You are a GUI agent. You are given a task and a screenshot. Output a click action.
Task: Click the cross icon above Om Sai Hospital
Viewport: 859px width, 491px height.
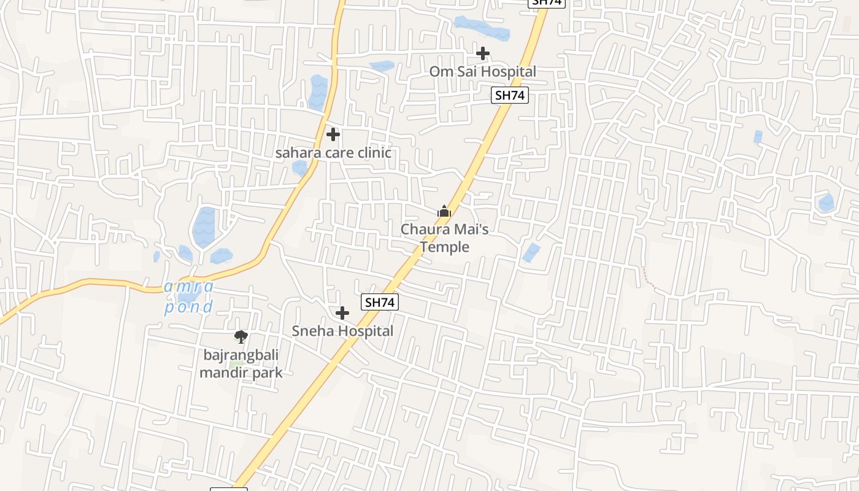(483, 53)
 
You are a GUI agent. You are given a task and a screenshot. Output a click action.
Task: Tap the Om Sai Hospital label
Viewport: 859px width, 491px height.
(482, 72)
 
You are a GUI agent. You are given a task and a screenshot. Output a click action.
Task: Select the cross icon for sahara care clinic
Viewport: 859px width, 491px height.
(333, 134)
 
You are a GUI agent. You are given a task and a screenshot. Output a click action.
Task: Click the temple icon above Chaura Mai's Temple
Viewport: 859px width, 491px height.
(444, 212)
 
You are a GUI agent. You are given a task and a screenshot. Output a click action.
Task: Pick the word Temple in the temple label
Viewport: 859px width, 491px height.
(444, 247)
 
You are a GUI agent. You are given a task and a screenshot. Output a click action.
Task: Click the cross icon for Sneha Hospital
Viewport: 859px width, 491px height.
(342, 313)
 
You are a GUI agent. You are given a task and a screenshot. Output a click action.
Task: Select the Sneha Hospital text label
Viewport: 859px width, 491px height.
(342, 331)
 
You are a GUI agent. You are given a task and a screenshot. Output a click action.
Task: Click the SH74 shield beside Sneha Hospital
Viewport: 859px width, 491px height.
(380, 302)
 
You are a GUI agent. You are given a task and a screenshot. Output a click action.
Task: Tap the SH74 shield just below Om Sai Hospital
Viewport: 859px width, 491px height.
(510, 95)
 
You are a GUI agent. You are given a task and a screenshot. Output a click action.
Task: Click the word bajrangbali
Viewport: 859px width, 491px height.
(241, 355)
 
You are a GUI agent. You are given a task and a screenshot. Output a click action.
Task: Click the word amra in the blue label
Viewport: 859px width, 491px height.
(189, 287)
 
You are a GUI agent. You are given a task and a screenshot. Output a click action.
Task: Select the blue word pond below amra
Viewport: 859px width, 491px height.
(188, 306)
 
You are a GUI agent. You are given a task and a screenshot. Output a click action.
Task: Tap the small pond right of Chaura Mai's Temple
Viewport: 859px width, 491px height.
(531, 252)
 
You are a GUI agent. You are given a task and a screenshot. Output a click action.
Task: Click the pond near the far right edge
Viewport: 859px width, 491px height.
(826, 203)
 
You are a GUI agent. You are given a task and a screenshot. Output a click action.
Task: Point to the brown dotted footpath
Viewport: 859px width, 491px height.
(649, 279)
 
